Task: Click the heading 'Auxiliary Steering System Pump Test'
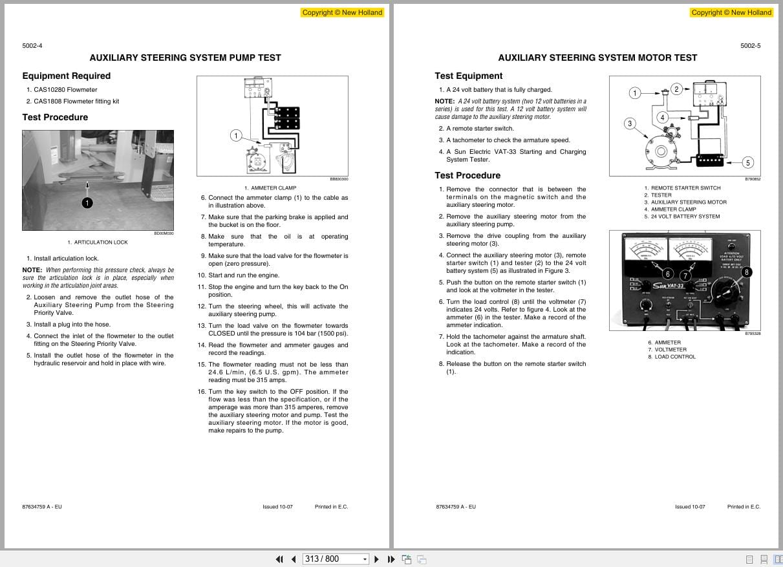pos(185,58)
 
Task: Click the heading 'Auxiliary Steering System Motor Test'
pos(597,58)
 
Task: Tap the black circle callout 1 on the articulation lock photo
pos(87,203)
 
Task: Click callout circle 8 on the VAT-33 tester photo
pos(747,272)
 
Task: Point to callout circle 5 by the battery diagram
pos(747,162)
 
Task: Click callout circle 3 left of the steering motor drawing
pos(629,123)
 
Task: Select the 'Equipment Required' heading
pos(66,76)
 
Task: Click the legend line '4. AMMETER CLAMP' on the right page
pos(670,209)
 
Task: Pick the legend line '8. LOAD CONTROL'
pos(672,357)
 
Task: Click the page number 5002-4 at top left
pos(32,45)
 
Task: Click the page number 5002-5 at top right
pos(750,45)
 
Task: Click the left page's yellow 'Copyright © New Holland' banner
pos(342,12)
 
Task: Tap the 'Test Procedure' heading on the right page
pos(467,175)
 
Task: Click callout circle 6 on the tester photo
pos(668,275)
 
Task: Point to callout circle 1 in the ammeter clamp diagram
pos(236,135)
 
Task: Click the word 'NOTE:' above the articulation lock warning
pos(32,270)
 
